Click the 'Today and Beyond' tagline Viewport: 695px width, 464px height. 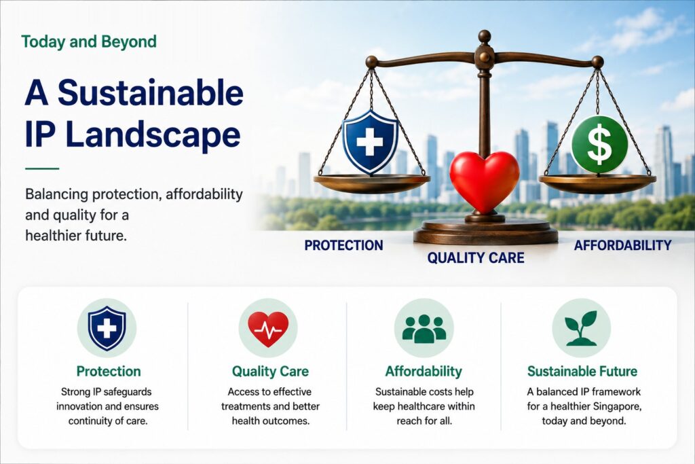(89, 41)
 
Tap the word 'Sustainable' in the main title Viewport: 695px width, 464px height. (151, 93)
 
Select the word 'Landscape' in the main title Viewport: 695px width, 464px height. (153, 135)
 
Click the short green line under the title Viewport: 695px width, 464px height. (42, 168)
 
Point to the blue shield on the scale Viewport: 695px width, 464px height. (370, 142)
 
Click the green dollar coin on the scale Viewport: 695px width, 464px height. (599, 145)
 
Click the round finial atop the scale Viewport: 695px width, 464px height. (485, 37)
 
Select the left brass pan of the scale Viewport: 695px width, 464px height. (371, 183)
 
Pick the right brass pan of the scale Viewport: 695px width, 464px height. (597, 183)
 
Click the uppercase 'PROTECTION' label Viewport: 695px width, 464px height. (343, 245)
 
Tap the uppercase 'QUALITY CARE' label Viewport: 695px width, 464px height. (476, 257)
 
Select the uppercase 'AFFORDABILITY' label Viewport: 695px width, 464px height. (623, 245)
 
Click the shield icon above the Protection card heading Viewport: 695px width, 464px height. (107, 328)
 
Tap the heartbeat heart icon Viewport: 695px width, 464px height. (268, 329)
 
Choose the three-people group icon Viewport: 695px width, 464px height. (424, 329)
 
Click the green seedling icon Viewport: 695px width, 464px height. (581, 328)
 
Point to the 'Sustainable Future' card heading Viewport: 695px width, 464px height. (582, 372)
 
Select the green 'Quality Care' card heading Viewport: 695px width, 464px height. (270, 372)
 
